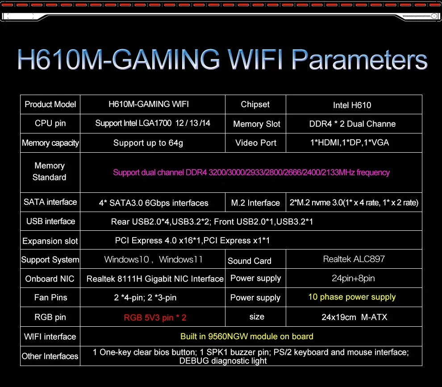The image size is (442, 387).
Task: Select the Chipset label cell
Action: coord(255,104)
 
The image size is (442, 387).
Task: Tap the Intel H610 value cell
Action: coord(352,105)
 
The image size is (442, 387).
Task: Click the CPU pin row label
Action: coord(50,123)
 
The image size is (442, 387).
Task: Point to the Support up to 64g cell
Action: coord(148,143)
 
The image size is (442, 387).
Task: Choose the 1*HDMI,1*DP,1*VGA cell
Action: coord(350,143)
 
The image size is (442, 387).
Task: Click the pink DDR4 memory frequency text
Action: coord(251,172)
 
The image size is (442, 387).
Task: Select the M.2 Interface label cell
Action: coord(255,203)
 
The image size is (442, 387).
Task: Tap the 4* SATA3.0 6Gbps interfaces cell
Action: coord(154,203)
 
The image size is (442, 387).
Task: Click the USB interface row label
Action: coord(50,221)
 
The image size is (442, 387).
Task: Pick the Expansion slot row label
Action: coord(50,241)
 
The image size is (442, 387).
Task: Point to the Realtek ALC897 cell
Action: coord(354,259)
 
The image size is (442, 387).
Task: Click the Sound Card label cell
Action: coord(250,261)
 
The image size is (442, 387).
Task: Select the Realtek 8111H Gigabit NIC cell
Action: coord(155,279)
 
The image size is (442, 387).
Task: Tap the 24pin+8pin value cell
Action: coord(353,279)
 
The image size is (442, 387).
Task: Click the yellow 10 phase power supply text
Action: coord(352,297)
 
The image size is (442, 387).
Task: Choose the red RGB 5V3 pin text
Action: coord(155,318)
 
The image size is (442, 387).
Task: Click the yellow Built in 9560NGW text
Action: coord(246,337)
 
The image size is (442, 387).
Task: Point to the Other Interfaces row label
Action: coord(50,356)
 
